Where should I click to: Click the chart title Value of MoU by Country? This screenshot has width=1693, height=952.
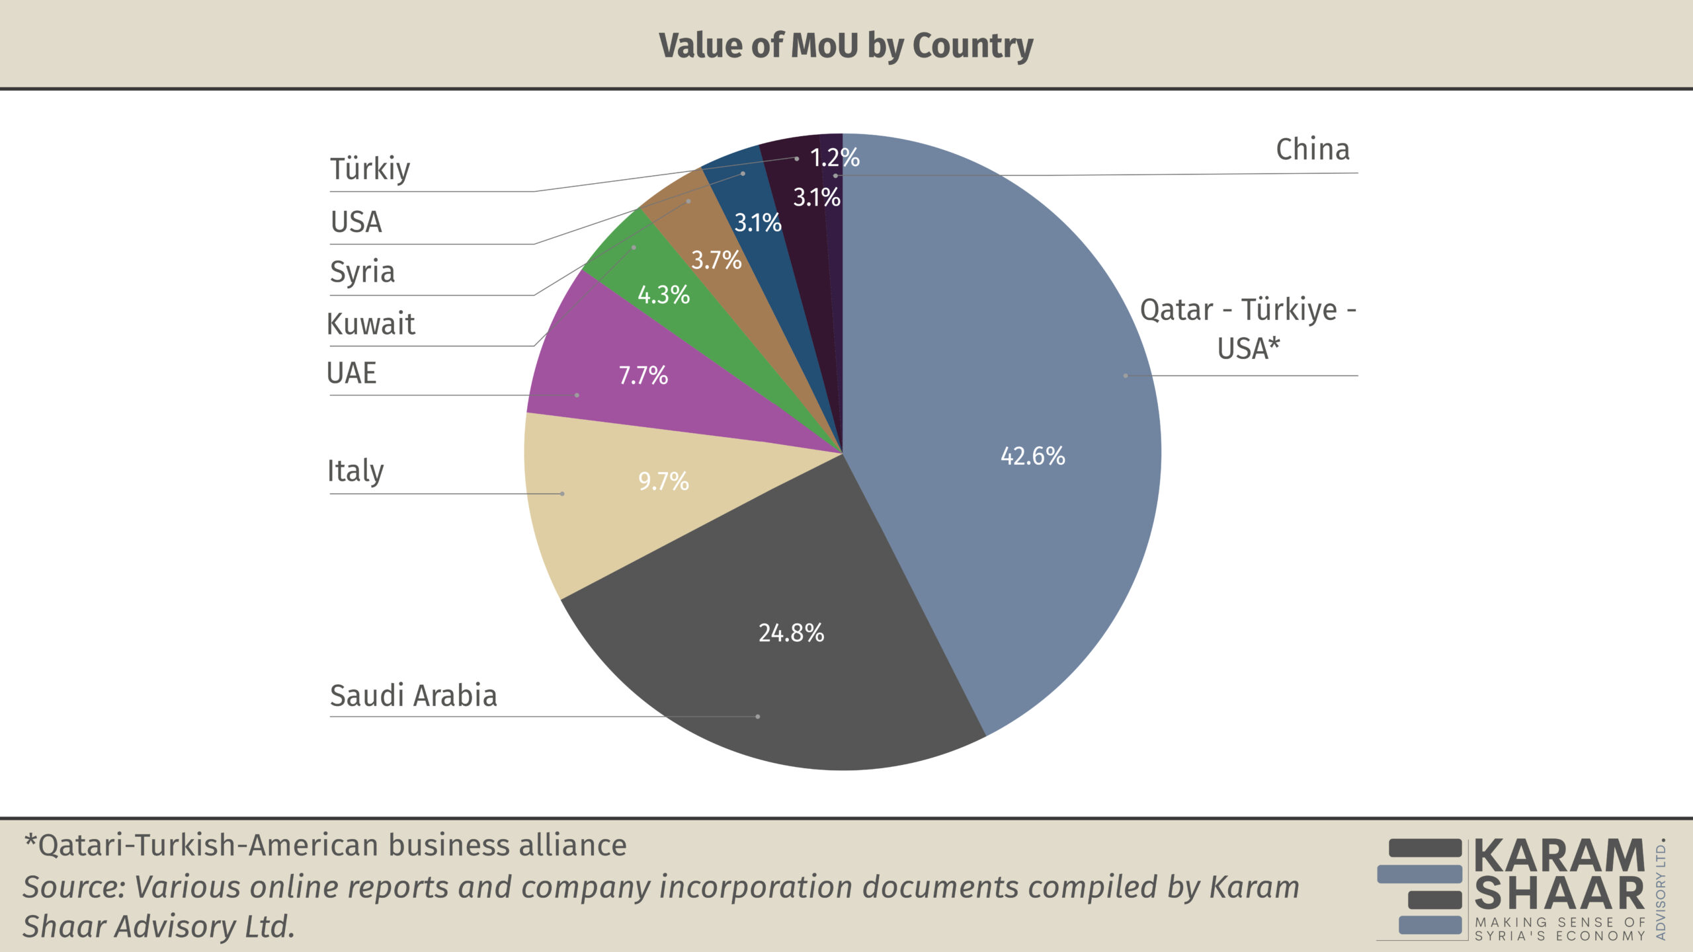click(x=846, y=46)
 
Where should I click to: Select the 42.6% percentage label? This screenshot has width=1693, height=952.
click(x=1032, y=456)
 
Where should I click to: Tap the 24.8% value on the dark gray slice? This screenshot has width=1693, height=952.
click(x=791, y=633)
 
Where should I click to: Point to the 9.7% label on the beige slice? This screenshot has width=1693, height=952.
click(x=663, y=481)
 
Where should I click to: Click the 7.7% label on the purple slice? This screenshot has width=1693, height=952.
click(x=643, y=376)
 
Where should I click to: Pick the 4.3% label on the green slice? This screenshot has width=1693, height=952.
click(x=663, y=295)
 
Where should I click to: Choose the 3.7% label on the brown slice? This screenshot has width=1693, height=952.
click(x=716, y=260)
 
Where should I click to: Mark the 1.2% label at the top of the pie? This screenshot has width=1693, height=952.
click(x=835, y=157)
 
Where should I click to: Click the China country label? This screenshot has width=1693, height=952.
click(x=1312, y=149)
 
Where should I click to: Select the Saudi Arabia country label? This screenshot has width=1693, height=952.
click(x=413, y=695)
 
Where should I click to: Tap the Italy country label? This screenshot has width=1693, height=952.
click(x=355, y=471)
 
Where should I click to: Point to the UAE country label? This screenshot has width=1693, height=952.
click(x=351, y=373)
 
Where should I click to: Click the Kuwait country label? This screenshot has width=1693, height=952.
click(x=371, y=324)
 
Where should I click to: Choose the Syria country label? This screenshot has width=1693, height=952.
click(x=362, y=272)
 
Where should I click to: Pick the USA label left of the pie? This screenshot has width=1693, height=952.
click(x=356, y=222)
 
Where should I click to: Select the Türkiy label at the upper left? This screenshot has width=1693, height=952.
click(x=370, y=169)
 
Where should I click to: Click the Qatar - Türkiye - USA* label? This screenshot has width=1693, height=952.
click(x=1248, y=329)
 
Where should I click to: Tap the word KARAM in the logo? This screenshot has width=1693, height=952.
click(x=1559, y=856)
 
